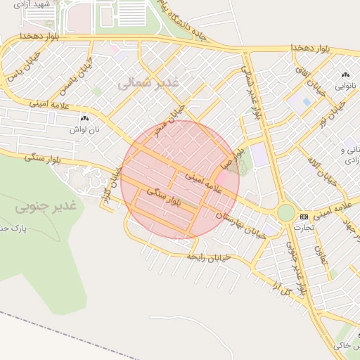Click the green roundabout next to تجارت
coord(285,212)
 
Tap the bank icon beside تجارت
coord(304,217)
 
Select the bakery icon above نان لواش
coord(84,119)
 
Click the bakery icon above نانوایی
coord(345,75)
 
